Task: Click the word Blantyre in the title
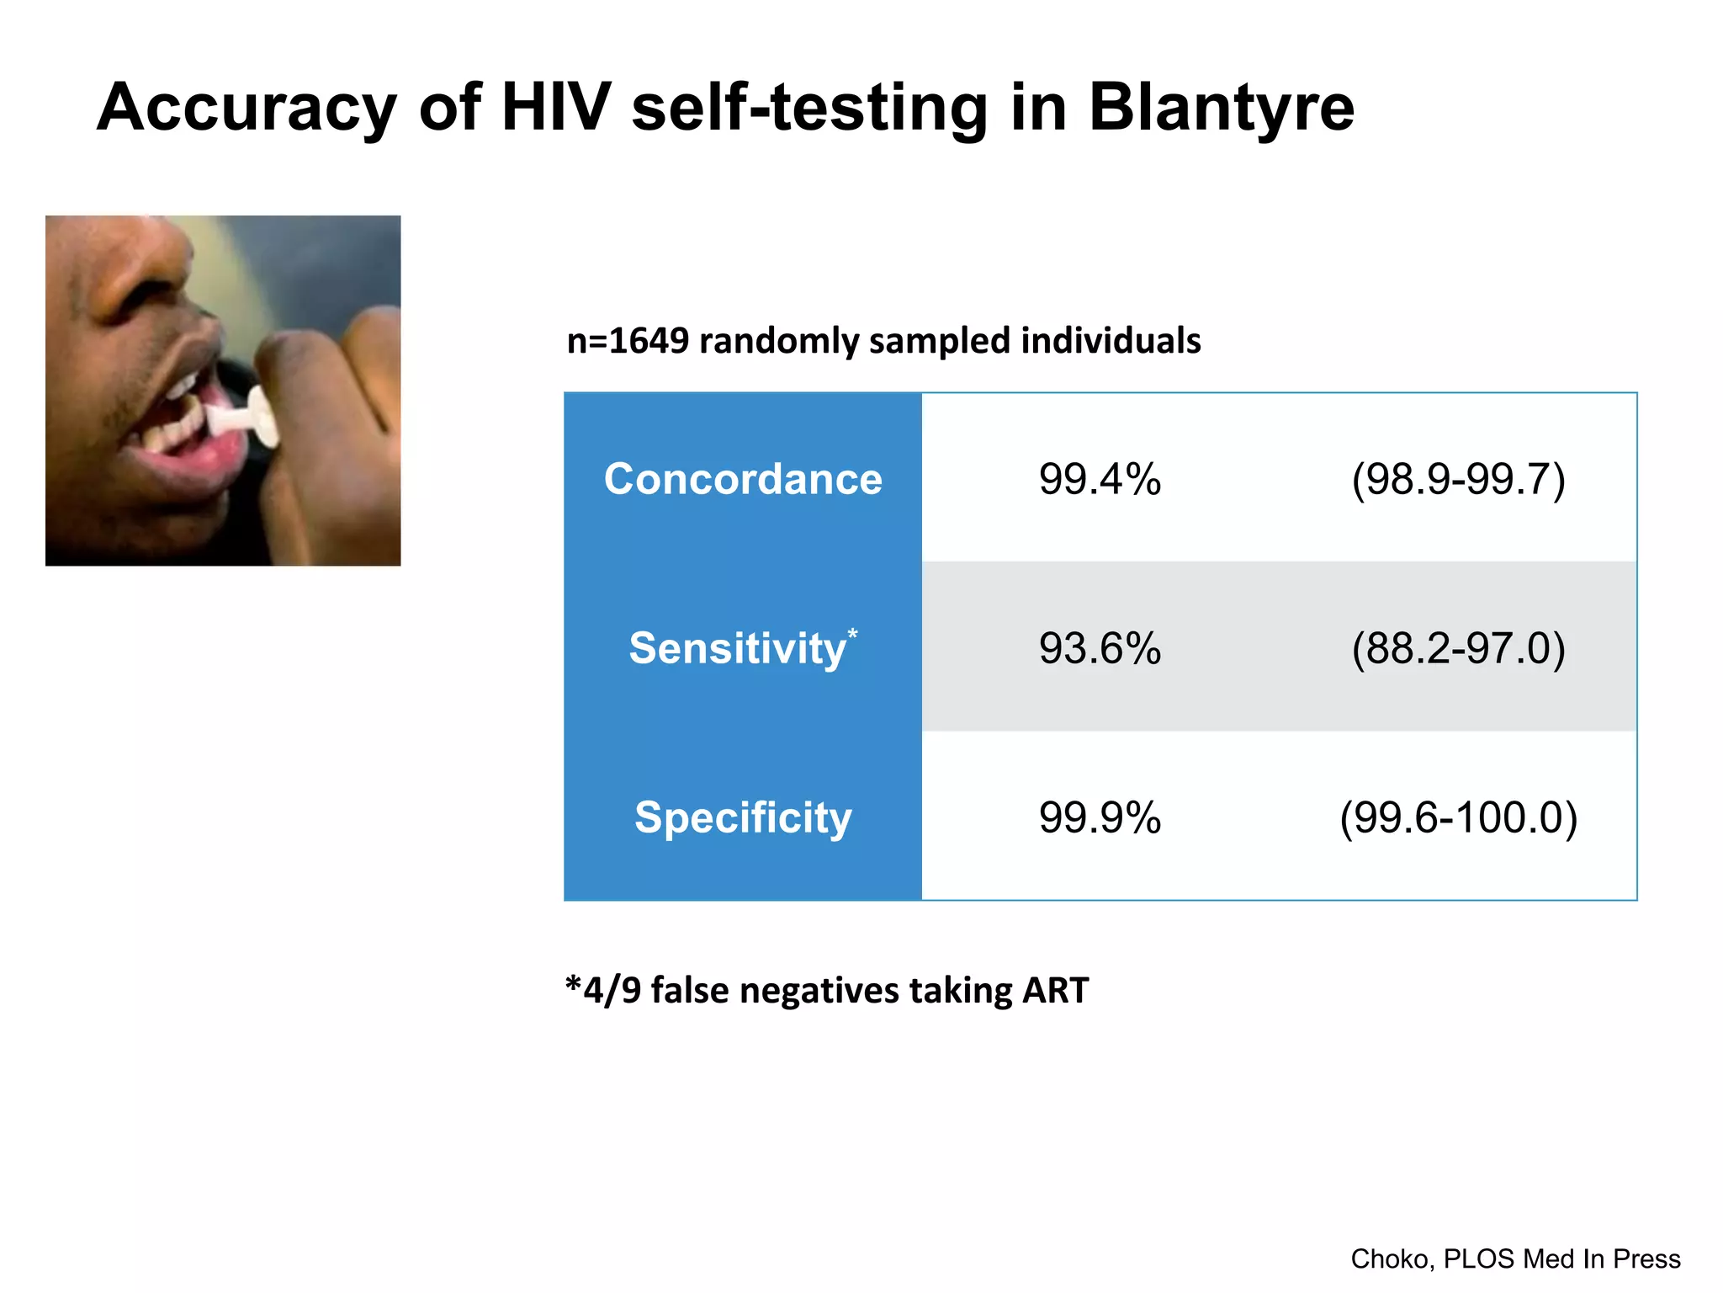(1221, 109)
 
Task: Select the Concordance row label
(743, 479)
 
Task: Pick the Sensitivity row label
(737, 649)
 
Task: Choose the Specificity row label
(743, 817)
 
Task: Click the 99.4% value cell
(1100, 480)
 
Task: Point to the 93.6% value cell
(1100, 649)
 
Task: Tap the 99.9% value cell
(1100, 817)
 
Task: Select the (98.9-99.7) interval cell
(1458, 480)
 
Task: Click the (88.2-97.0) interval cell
(1458, 649)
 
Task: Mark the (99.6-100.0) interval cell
(1458, 817)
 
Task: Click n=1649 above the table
(628, 341)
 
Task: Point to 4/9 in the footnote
(612, 991)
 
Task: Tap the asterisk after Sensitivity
(852, 633)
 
